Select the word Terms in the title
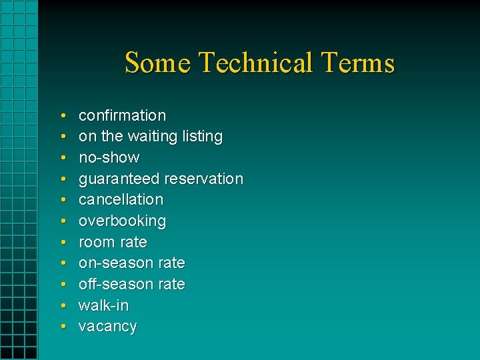357,63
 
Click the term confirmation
122,115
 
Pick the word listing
202,137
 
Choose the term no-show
109,158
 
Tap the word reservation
203,179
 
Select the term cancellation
121,199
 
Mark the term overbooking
122,221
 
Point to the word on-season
116,263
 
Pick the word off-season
116,284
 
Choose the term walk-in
103,305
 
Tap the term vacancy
107,327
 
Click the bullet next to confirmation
62,116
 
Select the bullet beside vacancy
62,327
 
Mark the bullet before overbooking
62,221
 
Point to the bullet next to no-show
62,158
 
